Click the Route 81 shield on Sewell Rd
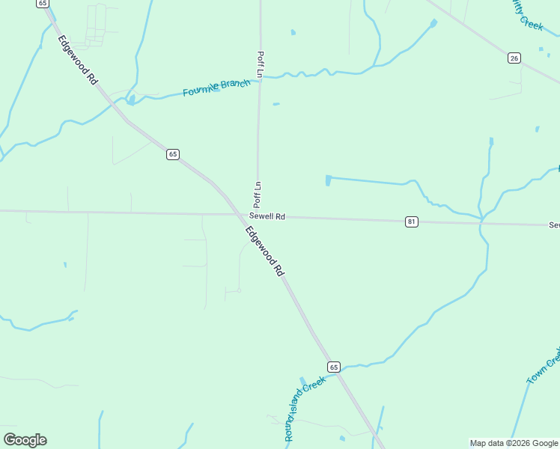pos(412,222)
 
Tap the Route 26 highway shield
pos(514,58)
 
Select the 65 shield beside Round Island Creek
pos(334,367)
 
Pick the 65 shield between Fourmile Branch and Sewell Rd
pos(173,154)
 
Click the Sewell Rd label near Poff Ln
pos(267,217)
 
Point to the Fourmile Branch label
pos(216,88)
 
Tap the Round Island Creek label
pos(304,409)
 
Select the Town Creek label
pos(544,366)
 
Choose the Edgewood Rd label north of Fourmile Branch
pos(79,59)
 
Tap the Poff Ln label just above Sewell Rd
pos(257,195)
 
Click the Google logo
pos(25,440)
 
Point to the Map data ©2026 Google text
pos(514,443)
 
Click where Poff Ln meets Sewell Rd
pos(258,216)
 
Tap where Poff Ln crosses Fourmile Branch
pos(260,77)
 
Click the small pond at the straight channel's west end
pos(329,180)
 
